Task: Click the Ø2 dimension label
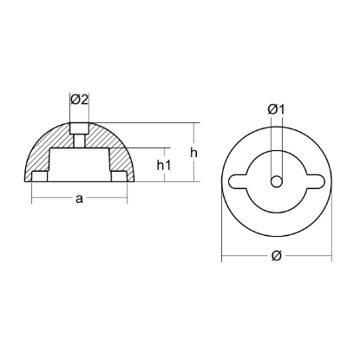[79, 100]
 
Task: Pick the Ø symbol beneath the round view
[275, 254]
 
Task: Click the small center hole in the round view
[275, 180]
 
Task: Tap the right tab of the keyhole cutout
[314, 180]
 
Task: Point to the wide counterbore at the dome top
[79, 127]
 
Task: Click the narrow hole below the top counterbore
[79, 140]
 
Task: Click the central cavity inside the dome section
[79, 165]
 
